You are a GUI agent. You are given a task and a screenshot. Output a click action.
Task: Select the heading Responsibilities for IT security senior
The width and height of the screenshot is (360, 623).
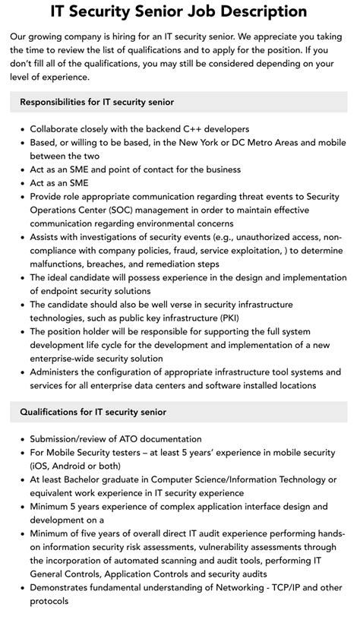click(96, 102)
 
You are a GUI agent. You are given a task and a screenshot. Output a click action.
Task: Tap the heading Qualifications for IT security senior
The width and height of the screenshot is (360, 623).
click(93, 412)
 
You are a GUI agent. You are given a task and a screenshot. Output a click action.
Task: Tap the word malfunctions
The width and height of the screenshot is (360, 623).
click(60, 264)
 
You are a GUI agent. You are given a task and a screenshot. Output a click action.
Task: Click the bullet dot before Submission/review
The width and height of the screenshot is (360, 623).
click(21, 439)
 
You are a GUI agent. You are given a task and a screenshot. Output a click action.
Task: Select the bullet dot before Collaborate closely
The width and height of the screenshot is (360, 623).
click(21, 129)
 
